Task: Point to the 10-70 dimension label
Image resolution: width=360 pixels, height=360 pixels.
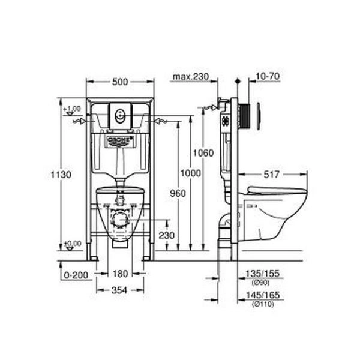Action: tap(268, 76)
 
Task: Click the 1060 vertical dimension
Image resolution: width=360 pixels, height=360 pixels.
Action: tap(203, 153)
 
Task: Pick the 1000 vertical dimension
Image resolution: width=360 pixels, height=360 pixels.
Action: tap(191, 172)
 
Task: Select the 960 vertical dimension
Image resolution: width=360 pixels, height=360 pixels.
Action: tap(178, 193)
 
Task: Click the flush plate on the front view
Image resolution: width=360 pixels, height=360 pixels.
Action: tap(121, 115)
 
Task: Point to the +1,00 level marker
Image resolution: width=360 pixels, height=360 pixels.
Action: tap(73, 108)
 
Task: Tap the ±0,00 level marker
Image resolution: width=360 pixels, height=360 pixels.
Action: tap(73, 244)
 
